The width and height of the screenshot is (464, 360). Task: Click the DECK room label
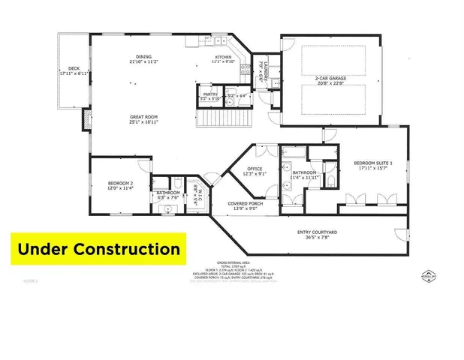coord(74,68)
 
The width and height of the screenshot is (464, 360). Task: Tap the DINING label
coord(144,56)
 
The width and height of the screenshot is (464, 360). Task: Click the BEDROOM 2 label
coord(119,184)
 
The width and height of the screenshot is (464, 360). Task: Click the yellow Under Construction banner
coord(98,248)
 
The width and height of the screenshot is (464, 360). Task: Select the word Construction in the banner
coord(132,248)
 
